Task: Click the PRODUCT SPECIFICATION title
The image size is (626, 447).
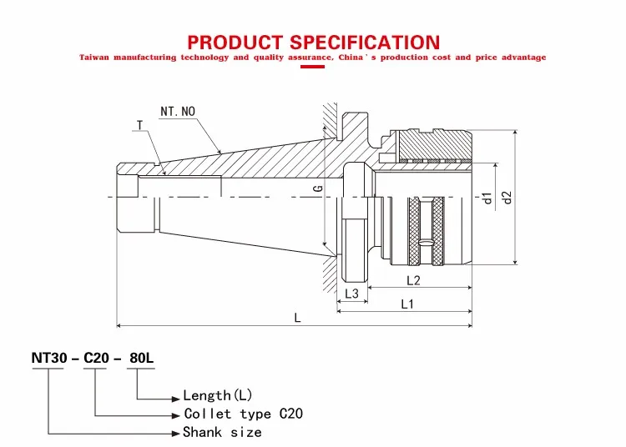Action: point(313,42)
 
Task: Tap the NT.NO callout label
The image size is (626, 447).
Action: point(176,111)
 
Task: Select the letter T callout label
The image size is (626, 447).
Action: point(139,125)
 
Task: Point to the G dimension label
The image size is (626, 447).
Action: point(318,189)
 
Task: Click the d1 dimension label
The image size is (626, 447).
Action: point(487,198)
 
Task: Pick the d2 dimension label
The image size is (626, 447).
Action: point(505,198)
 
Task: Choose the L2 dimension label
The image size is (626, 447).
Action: point(412,280)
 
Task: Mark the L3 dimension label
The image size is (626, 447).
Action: point(351,294)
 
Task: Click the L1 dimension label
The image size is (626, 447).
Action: point(406,304)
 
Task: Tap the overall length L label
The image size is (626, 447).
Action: point(298,318)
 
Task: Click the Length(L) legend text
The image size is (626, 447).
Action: point(218,395)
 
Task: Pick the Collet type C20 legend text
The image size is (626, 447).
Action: point(243,414)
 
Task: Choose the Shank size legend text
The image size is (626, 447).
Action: point(222,432)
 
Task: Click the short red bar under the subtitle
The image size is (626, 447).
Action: point(312,67)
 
